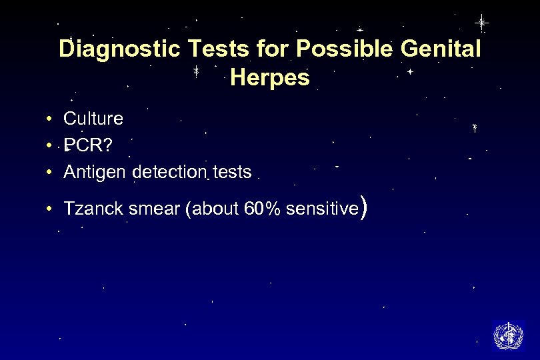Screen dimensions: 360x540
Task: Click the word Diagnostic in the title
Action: click(108, 49)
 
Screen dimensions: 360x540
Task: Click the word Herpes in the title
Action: click(269, 78)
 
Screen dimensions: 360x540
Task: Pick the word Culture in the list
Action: click(93, 119)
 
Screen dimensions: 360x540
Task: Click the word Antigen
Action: click(95, 173)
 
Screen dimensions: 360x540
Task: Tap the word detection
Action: click(170, 173)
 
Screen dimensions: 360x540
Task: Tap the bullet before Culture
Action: click(50, 119)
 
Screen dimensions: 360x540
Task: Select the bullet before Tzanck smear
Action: click(50, 209)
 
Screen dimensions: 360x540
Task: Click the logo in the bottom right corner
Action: click(507, 335)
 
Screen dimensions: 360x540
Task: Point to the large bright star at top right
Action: click(481, 23)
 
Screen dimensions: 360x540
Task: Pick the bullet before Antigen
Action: click(50, 173)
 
